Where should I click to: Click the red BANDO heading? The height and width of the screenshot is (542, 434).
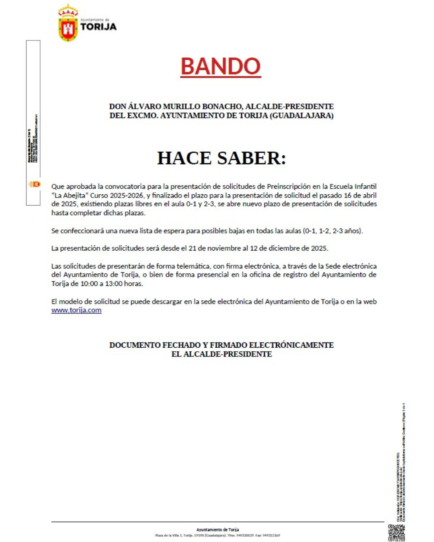pyautogui.click(x=221, y=66)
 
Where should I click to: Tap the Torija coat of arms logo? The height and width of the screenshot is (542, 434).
pyautogui.click(x=68, y=24)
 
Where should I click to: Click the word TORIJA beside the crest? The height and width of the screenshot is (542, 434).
pyautogui.click(x=98, y=27)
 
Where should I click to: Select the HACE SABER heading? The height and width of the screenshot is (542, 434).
pyautogui.click(x=221, y=158)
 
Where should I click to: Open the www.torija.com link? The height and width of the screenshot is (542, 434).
pyautogui.click(x=76, y=310)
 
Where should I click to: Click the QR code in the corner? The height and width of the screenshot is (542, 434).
pyautogui.click(x=396, y=532)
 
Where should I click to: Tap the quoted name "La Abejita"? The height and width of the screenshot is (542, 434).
pyautogui.click(x=70, y=196)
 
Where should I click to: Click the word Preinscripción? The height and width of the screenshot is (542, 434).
pyautogui.click(x=289, y=187)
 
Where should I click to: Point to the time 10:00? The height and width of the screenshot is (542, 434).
pyautogui.click(x=89, y=284)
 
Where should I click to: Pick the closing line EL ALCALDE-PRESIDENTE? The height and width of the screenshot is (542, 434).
pyautogui.click(x=221, y=354)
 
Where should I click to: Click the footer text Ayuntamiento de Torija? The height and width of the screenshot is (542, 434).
pyautogui.click(x=217, y=530)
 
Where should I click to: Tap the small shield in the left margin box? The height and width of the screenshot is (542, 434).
pyautogui.click(x=35, y=184)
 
